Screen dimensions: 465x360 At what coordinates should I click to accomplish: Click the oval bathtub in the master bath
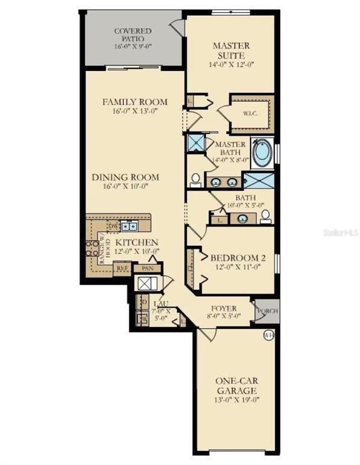261,154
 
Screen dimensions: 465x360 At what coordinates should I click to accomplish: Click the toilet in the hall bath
265,218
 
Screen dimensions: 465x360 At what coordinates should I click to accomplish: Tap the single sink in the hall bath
242,219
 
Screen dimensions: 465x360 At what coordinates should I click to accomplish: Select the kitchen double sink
128,226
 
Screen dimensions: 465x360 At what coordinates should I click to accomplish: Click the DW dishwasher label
112,226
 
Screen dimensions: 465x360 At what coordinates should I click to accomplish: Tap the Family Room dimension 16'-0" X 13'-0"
134,112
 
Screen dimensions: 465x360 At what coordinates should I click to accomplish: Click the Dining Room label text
126,177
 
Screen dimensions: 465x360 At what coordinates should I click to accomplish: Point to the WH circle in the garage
268,335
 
